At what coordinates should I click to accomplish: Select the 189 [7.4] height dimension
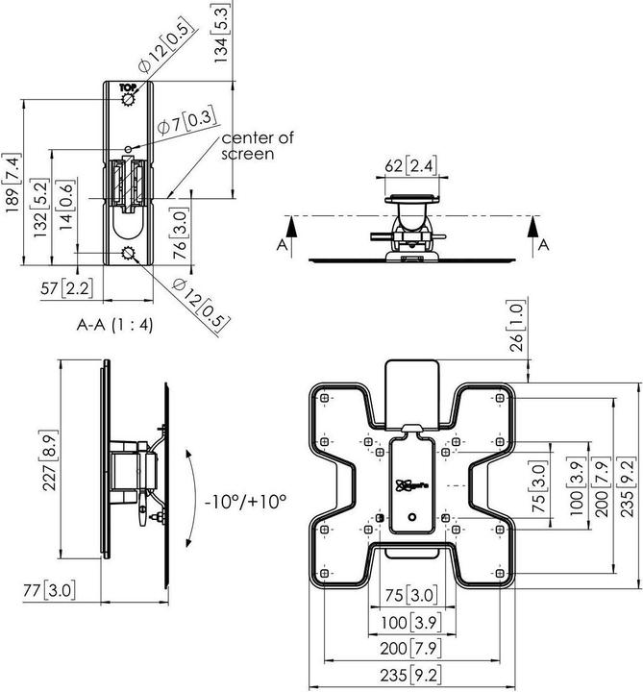tap(13, 183)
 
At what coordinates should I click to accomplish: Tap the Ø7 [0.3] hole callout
tap(185, 123)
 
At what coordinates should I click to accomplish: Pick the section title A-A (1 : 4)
tap(115, 324)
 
